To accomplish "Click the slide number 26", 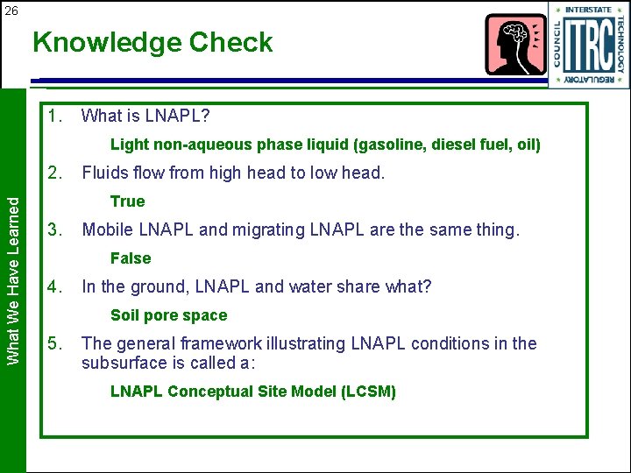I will (x=11, y=11).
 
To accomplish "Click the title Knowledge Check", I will (x=152, y=42).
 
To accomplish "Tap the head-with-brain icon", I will (x=515, y=44).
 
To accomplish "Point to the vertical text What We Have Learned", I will (x=13, y=279).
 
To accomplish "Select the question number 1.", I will (x=56, y=116).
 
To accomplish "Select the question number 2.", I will (x=56, y=173).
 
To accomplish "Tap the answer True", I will (x=127, y=201).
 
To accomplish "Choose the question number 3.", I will (x=56, y=229).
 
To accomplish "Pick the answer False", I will (x=131, y=258).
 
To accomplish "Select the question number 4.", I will (x=56, y=286).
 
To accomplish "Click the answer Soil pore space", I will (x=168, y=315).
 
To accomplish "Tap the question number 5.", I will (x=56, y=343).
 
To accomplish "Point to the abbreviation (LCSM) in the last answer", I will (x=368, y=392).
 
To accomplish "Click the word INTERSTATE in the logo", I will (x=588, y=10).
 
